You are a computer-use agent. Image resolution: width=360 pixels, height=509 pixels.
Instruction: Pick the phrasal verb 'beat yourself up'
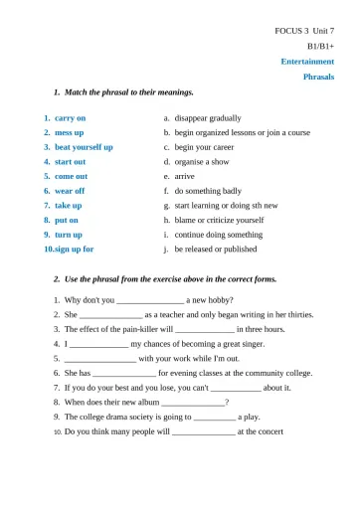[84, 146]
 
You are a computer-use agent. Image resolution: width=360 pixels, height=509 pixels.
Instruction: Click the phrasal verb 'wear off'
[70, 190]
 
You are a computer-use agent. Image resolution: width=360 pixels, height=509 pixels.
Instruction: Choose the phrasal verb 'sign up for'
[74, 249]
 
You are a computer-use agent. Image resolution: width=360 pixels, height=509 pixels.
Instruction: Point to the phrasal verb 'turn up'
[69, 235]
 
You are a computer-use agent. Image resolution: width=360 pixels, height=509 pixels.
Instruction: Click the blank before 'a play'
[208, 417]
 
